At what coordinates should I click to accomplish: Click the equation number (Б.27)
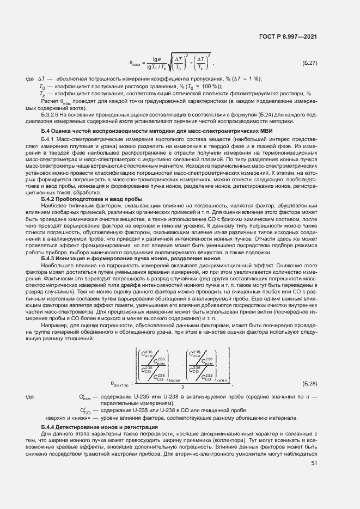pyautogui.click(x=310, y=64)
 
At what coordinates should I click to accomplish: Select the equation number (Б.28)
pyautogui.click(x=310, y=384)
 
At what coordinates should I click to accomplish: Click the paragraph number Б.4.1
pyautogui.click(x=49, y=140)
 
